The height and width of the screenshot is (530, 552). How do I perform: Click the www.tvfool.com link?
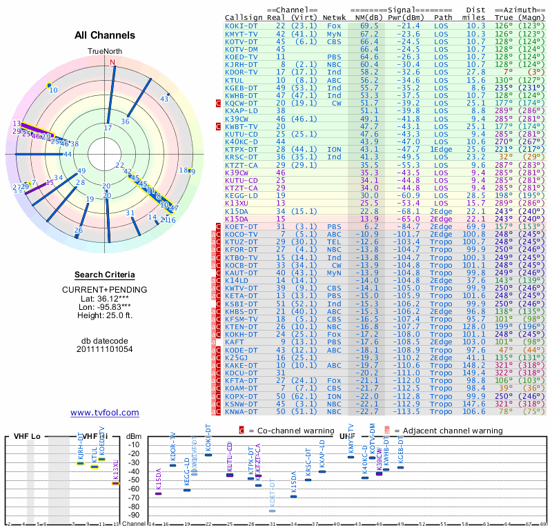coord(105,413)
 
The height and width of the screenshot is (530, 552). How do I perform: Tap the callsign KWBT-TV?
coord(242,127)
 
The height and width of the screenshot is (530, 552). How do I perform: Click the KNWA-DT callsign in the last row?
coord(242,411)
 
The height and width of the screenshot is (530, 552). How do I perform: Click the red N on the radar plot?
coord(112,61)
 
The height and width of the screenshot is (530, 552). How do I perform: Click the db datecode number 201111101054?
coord(104,349)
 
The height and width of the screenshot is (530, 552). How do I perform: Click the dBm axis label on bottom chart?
coord(133,436)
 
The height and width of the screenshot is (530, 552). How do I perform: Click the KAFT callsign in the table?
coord(235,342)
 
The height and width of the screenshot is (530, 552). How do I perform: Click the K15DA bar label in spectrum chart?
coord(158,480)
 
